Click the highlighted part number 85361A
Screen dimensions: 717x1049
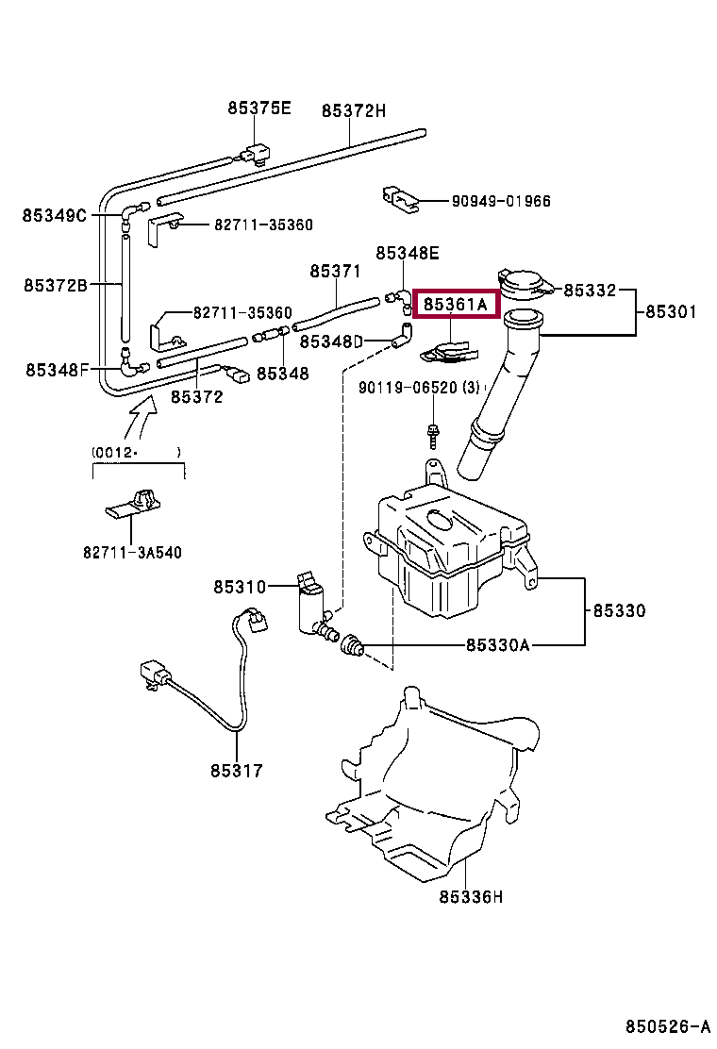[x=456, y=305]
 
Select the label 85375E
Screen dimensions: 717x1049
[x=259, y=108]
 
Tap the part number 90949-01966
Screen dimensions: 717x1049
[x=501, y=201]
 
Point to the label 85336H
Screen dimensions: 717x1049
[x=471, y=896]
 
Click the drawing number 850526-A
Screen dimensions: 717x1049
[x=668, y=1026]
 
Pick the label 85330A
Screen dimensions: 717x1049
[x=497, y=645]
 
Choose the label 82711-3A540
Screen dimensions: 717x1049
[x=132, y=552]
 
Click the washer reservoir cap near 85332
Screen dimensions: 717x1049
[x=525, y=285]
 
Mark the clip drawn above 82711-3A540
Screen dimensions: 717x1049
[x=134, y=505]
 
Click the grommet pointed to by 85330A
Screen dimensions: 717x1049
[x=351, y=645]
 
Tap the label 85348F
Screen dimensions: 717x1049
[x=57, y=369]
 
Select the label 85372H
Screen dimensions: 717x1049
[x=354, y=110]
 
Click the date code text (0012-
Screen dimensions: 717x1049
[x=115, y=452]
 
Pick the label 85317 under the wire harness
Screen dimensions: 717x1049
[x=237, y=771]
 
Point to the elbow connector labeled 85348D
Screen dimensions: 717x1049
[x=401, y=336]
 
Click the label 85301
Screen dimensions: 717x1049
[x=671, y=311]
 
